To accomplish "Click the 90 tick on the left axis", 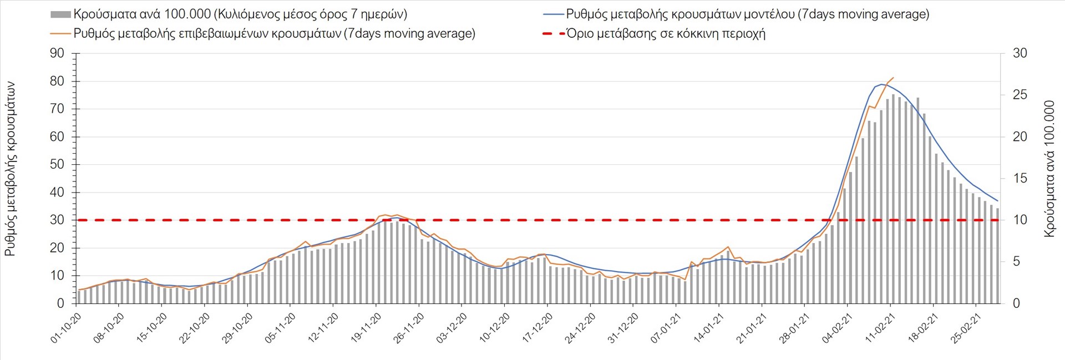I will coord(57,53).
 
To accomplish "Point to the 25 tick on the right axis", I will coord(1020,95).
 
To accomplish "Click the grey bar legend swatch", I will coord(60,14).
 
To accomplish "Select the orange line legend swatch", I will coord(60,33).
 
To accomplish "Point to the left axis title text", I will coord(10,169).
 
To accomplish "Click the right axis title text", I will coord(1049,169).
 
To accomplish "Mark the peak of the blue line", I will coord(881,84).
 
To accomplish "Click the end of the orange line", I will coord(894,78).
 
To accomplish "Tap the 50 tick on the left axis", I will coord(57,164).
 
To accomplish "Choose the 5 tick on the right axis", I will coord(1016,261).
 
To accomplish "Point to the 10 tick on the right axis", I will coord(1020,220).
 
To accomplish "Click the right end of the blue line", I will coord(998,201).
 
